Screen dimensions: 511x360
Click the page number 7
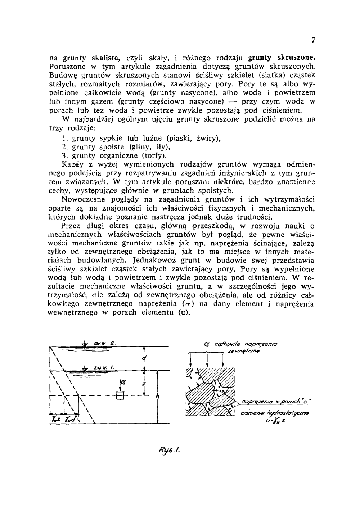tap(313, 40)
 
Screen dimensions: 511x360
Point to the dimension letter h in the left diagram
tap(157, 396)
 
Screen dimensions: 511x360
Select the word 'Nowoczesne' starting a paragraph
tap(82, 199)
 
